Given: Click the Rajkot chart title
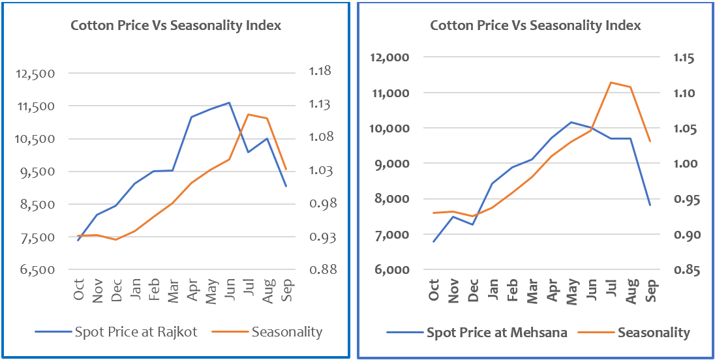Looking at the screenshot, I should (x=175, y=25).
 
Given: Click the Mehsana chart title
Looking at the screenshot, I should (x=535, y=25).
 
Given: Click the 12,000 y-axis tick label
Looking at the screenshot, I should (x=389, y=57).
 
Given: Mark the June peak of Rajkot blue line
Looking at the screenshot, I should (x=229, y=102).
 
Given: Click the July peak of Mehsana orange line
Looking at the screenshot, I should (x=611, y=82).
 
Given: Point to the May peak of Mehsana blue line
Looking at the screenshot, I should (x=571, y=122).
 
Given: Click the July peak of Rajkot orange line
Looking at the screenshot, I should (x=248, y=114).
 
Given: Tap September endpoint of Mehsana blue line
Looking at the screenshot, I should (x=650, y=205).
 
